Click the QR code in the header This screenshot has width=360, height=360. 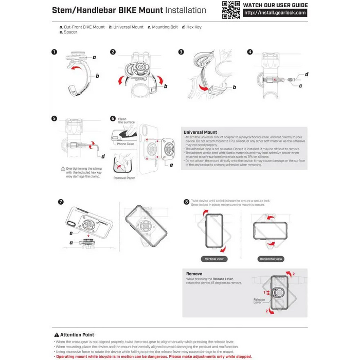[x=231, y=10]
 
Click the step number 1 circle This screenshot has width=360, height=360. [x=55, y=52]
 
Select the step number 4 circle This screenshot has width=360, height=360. [x=250, y=52]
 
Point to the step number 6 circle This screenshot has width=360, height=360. [x=113, y=118]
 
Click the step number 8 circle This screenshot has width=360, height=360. [x=186, y=202]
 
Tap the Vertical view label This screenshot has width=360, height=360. [x=214, y=259]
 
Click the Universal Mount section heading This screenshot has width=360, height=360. [x=200, y=132]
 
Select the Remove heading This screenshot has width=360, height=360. [x=194, y=274]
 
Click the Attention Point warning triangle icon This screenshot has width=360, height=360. [x=57, y=335]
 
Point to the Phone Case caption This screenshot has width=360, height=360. [x=125, y=144]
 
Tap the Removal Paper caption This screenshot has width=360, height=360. [x=123, y=178]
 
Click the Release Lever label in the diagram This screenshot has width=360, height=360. [x=259, y=301]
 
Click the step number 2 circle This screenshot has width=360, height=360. [x=113, y=52]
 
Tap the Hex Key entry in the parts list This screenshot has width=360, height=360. [x=192, y=27]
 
